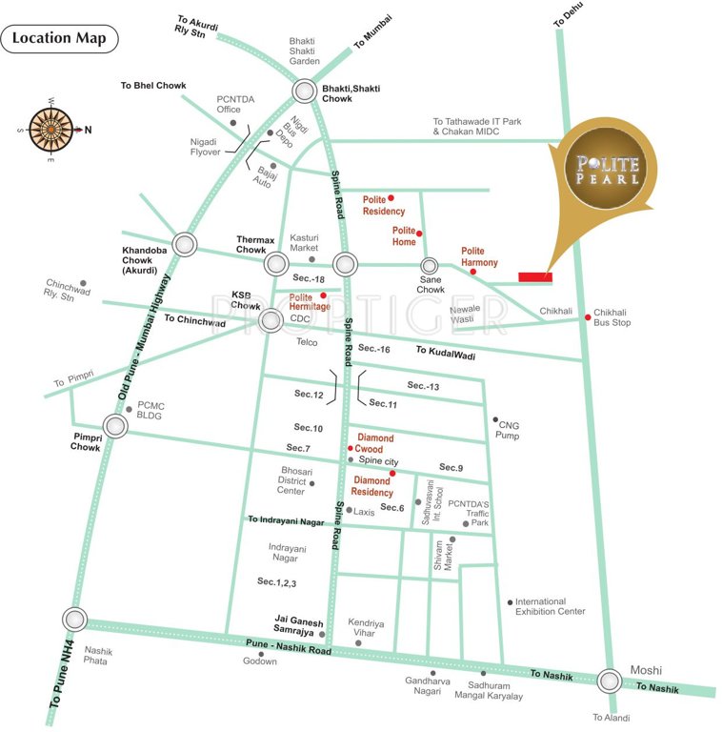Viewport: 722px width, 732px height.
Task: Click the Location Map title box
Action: (x=60, y=39)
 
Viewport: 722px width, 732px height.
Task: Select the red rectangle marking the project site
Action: (x=535, y=277)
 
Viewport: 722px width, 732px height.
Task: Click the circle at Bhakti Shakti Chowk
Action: (x=305, y=91)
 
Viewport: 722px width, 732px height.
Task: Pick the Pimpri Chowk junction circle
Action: (x=116, y=426)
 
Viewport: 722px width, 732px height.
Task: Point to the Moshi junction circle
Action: (x=610, y=681)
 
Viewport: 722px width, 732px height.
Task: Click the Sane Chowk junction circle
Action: (x=430, y=266)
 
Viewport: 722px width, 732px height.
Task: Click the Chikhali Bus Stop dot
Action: (x=587, y=319)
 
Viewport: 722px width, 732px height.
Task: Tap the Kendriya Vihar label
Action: (x=366, y=628)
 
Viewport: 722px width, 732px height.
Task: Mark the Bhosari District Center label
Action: (x=291, y=480)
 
